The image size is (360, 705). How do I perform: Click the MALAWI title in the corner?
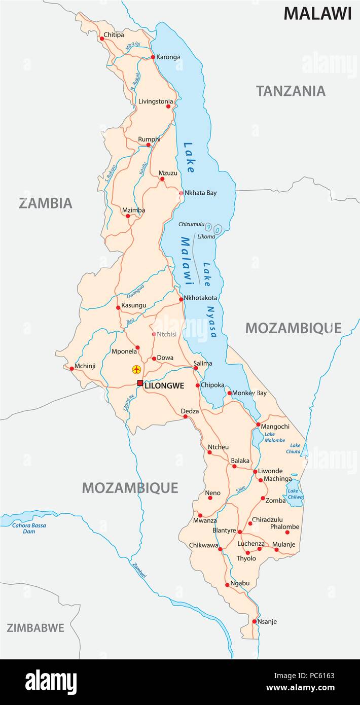click(317, 14)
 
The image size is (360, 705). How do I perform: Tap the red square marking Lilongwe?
click(140, 383)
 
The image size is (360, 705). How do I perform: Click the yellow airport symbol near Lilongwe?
click(136, 369)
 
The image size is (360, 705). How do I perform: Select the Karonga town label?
click(168, 57)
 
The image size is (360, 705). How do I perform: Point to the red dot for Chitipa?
click(101, 38)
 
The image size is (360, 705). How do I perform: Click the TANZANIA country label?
click(291, 91)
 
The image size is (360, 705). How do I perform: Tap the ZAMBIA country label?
click(46, 203)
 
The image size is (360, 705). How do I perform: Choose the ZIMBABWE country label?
click(35, 628)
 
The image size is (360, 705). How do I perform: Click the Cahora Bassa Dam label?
click(29, 528)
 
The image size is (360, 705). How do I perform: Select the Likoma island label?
click(206, 236)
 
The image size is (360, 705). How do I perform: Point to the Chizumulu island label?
click(191, 224)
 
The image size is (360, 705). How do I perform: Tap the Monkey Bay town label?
click(249, 393)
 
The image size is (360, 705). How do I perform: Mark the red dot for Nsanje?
click(254, 621)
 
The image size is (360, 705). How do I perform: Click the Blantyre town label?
click(224, 530)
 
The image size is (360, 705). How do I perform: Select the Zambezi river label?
click(139, 571)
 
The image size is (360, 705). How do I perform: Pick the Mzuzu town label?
click(168, 173)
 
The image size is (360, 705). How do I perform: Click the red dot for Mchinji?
click(72, 369)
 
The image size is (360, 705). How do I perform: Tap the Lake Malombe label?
click(274, 437)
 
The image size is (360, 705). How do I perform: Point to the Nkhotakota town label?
click(200, 298)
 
